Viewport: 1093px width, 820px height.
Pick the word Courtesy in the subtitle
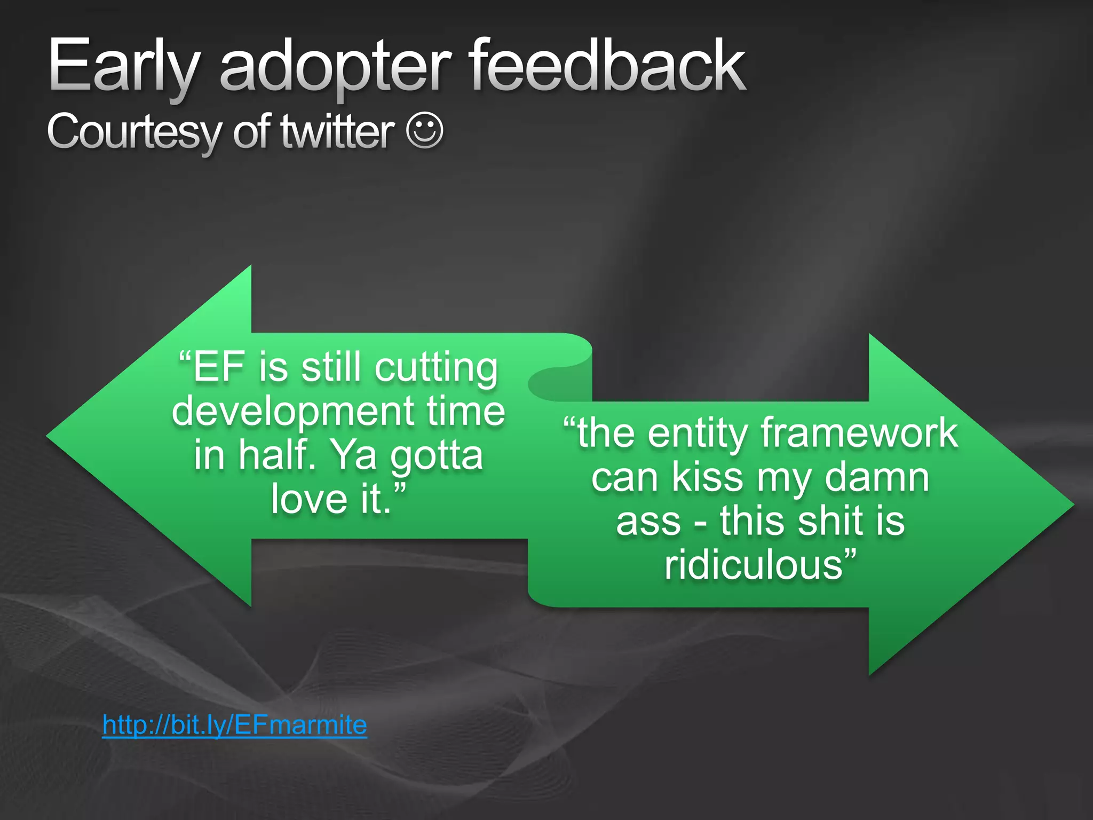tap(133, 132)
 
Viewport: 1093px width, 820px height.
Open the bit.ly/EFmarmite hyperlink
tap(234, 725)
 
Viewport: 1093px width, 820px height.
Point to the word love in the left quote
tap(309, 499)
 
